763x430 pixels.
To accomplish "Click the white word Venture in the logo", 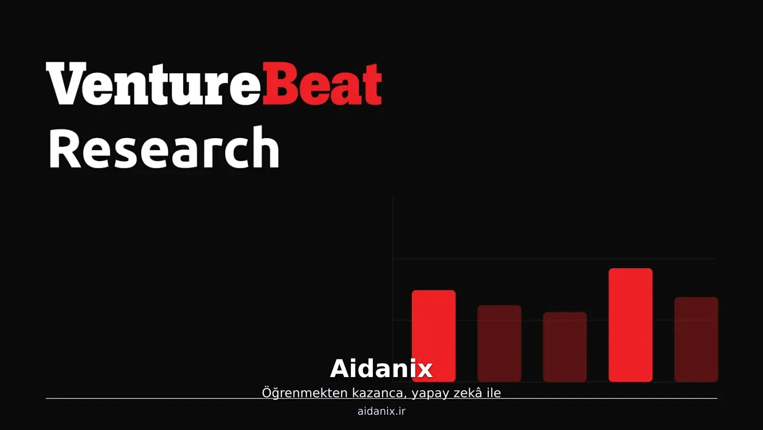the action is pos(154,83).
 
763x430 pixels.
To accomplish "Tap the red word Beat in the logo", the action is pos(322,83).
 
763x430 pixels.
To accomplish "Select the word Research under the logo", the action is pos(164,147).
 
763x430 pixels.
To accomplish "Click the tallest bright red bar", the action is pos(631,325).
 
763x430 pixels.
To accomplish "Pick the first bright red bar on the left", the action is pos(434,336).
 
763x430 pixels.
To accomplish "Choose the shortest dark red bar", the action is pos(565,347).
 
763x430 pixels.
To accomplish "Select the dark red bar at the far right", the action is pos(697,339).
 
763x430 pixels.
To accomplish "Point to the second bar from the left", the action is pos(499,343).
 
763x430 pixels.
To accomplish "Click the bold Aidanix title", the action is pos(381,369).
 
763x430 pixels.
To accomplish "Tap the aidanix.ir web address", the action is pos(381,411).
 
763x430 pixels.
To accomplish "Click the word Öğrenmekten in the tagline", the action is pos(305,393).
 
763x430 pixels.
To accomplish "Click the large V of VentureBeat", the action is pos(66,83).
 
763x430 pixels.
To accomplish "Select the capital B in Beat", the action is pos(278,83).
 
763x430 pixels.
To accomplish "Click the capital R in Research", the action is pos(65,148).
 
